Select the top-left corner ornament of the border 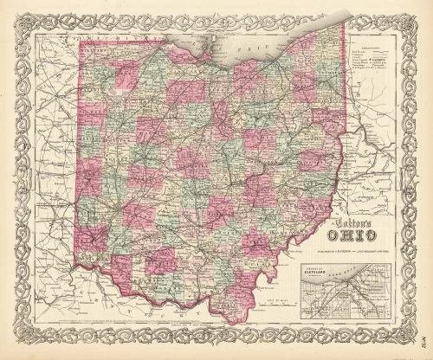point(16,16)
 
